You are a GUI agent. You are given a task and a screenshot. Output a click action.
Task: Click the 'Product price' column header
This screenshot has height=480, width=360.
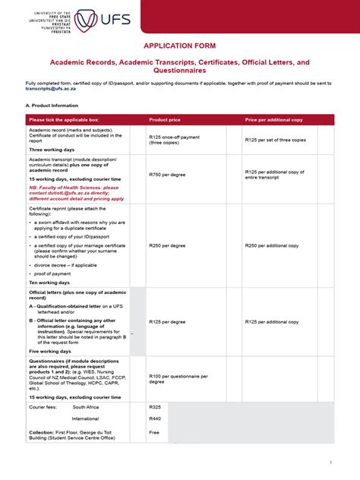click(x=165, y=120)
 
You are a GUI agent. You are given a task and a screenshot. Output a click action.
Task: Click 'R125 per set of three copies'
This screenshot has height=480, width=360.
click(x=276, y=141)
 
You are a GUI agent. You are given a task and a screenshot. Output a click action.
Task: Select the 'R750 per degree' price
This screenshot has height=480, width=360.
click(x=167, y=175)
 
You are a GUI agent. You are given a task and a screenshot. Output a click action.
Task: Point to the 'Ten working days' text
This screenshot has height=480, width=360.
click(x=49, y=282)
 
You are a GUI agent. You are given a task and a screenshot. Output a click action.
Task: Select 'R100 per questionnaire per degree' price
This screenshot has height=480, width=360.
click(x=179, y=378)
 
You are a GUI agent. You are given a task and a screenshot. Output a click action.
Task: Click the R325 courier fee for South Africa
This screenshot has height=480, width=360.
click(x=156, y=407)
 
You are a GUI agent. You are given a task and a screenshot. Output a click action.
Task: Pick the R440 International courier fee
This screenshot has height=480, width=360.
click(x=156, y=418)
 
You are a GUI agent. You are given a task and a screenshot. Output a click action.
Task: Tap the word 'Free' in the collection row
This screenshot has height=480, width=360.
click(x=155, y=432)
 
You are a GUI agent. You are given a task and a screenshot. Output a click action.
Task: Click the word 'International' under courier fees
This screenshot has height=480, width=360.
click(x=85, y=418)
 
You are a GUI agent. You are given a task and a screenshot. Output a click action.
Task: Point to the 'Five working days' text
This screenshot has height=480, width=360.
click(x=50, y=352)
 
